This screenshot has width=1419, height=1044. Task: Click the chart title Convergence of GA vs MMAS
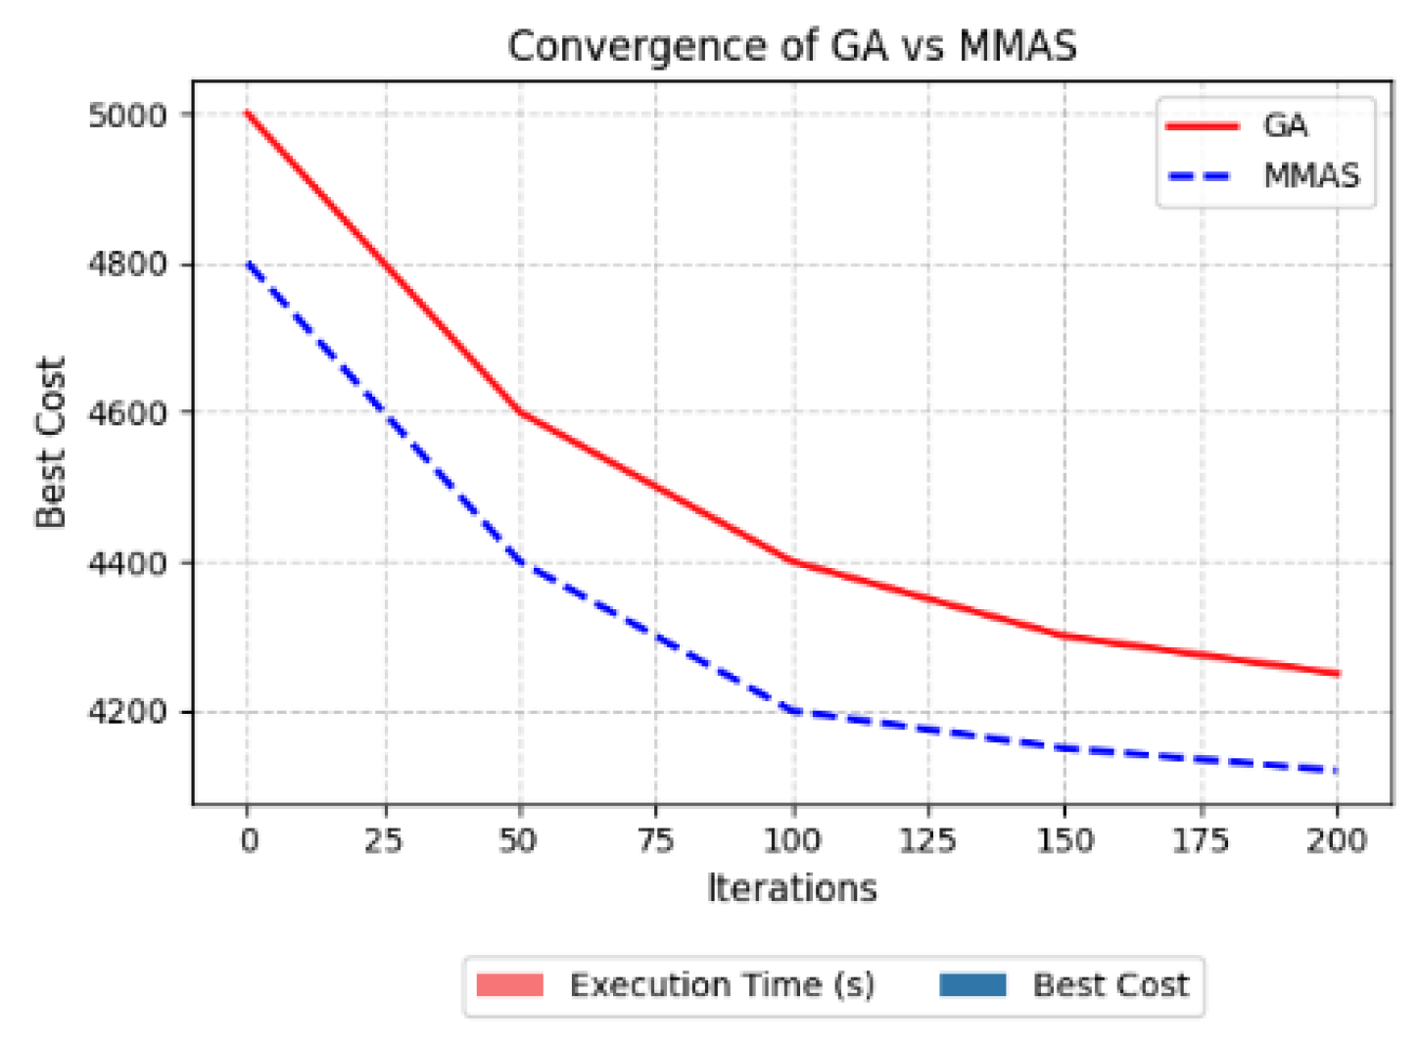[791, 46]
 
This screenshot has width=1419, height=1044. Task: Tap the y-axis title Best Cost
[50, 443]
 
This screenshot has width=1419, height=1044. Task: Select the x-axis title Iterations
[791, 888]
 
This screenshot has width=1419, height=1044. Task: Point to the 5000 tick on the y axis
[127, 116]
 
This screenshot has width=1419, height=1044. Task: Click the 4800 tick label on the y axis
[127, 264]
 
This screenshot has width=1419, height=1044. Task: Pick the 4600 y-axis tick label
[127, 413]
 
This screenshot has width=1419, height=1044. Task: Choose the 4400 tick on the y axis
[127, 563]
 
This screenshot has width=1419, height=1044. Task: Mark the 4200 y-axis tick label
[127, 712]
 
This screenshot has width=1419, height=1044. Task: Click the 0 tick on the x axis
[249, 840]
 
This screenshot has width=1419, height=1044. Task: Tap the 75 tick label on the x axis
[655, 840]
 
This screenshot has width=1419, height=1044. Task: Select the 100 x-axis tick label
[791, 840]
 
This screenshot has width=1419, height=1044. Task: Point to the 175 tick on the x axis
[1201, 840]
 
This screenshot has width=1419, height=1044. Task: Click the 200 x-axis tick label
[1337, 840]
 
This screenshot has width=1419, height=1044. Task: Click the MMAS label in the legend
[1311, 176]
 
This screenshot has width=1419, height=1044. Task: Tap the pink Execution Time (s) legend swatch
[510, 985]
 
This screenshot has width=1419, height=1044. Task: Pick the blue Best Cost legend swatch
[972, 985]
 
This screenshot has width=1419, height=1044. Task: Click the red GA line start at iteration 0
[249, 114]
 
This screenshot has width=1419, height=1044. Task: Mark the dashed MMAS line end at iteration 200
[1337, 771]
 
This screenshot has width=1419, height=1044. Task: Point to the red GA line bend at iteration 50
[520, 412]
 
